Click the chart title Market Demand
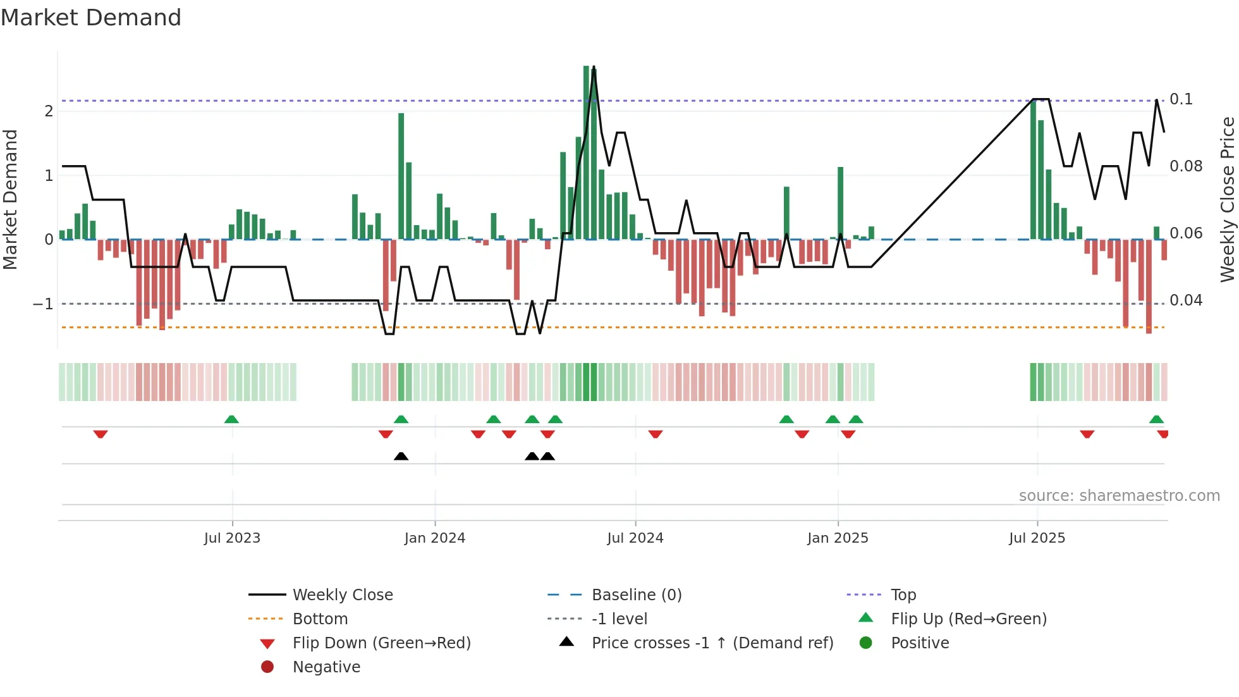(x=91, y=18)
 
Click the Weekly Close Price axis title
(x=1227, y=199)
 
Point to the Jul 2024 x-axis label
(x=635, y=538)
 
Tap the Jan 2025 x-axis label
(x=838, y=538)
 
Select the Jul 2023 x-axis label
(x=232, y=538)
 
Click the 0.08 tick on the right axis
(x=1186, y=166)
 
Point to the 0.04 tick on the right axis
(x=1186, y=300)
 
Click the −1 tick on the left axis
(x=43, y=304)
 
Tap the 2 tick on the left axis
(x=49, y=111)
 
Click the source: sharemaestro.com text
(x=1119, y=496)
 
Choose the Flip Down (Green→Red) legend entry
(x=381, y=643)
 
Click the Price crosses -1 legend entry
(x=712, y=643)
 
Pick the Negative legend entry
(x=326, y=667)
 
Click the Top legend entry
(x=903, y=595)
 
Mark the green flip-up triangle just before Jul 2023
(x=231, y=419)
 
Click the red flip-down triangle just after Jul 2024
(x=655, y=434)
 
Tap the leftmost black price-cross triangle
(x=401, y=456)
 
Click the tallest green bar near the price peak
(x=587, y=152)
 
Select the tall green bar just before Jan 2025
(x=840, y=202)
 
